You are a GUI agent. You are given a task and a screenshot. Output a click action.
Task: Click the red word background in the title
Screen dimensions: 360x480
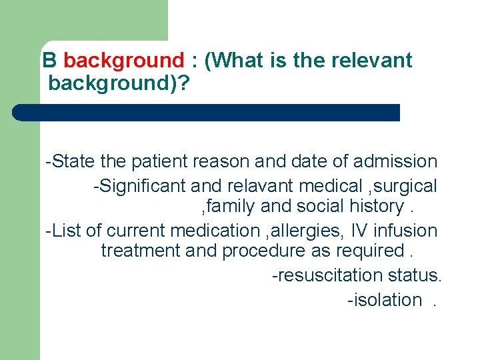pos(123,61)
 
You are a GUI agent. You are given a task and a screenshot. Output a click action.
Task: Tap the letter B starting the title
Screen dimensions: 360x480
pos(49,61)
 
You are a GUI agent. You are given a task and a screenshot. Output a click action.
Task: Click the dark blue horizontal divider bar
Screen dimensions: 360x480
pos(207,112)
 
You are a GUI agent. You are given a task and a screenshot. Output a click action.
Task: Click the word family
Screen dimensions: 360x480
pos(229,207)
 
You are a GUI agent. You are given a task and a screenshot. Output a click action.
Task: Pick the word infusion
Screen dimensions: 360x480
pos(408,231)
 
